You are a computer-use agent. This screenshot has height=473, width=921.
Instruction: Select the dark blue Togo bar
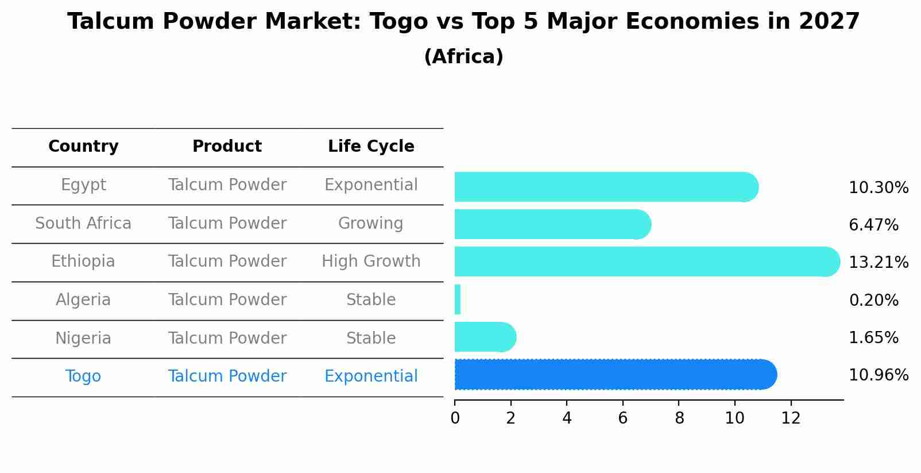coord(614,375)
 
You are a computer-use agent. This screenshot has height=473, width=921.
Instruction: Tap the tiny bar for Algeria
coord(458,299)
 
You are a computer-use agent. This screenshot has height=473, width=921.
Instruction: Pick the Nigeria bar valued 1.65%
coord(484,337)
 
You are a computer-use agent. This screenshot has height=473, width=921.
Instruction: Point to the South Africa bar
coord(552,224)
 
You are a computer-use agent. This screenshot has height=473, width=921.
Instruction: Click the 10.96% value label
coord(878,375)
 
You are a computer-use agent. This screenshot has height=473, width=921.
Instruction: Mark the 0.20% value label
coord(873,300)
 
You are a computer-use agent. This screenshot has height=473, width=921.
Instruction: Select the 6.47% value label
coord(873,225)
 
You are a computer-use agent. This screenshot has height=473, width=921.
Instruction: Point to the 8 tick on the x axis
coord(679,418)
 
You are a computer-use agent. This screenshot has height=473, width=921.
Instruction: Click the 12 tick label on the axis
coord(791,418)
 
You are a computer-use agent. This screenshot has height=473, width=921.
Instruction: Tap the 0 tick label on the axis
coord(455,418)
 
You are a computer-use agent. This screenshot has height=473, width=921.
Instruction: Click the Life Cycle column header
coord(371,147)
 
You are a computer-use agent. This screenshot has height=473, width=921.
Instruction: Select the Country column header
coord(83,147)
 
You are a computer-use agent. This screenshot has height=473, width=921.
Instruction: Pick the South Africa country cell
coord(83,224)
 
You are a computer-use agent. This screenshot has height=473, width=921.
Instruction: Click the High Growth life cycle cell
coord(371,262)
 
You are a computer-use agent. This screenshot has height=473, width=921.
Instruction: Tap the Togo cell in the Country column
coord(83,376)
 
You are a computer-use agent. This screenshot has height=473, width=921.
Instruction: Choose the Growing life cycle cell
coord(371,224)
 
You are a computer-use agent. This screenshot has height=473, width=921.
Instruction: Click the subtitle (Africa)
coord(463,57)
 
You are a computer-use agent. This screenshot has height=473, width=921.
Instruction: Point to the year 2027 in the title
coord(829,22)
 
